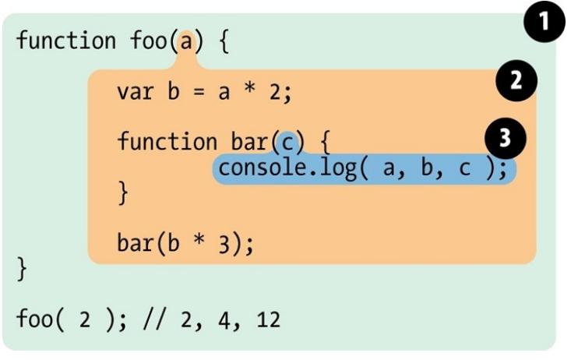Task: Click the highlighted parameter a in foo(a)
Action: [x=185, y=40]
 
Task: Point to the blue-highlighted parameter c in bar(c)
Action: [x=287, y=142]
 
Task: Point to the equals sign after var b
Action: [x=198, y=93]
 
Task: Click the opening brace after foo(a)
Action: [x=221, y=41]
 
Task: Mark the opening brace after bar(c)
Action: [x=326, y=143]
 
